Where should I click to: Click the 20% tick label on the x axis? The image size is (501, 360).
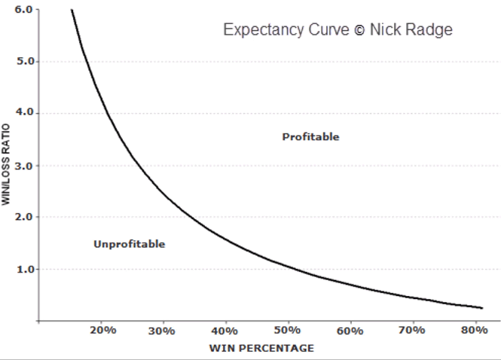click(x=101, y=331)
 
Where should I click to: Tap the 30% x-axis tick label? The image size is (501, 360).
click(x=163, y=331)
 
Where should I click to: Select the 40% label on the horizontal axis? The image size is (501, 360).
click(x=225, y=331)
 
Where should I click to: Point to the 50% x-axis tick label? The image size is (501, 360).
click(x=288, y=331)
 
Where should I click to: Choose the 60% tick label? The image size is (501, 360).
click(x=350, y=331)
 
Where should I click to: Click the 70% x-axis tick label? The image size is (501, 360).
click(x=413, y=331)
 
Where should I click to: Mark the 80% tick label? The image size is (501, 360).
click(x=475, y=331)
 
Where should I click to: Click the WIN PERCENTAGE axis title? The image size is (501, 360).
click(x=262, y=348)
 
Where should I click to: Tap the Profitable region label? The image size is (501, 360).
click(x=310, y=137)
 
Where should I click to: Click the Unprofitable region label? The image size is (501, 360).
click(x=129, y=244)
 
